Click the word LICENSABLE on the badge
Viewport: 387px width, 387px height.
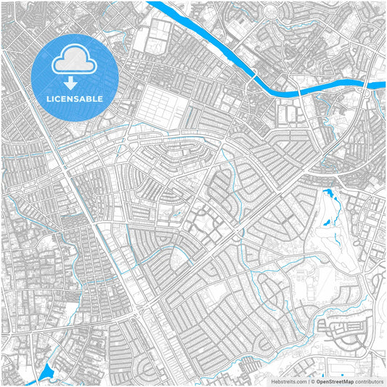pos(75,98)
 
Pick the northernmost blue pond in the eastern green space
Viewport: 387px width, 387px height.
pos(327,195)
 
